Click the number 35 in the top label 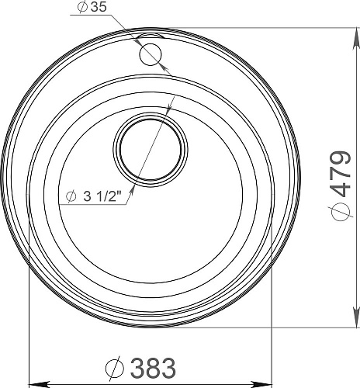point(99,7)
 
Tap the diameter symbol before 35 point(82,7)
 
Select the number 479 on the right point(341,175)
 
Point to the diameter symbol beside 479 point(341,212)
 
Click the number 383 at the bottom point(153,368)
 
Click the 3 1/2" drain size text point(102,197)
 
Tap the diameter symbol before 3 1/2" point(71,197)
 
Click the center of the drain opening point(151,149)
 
